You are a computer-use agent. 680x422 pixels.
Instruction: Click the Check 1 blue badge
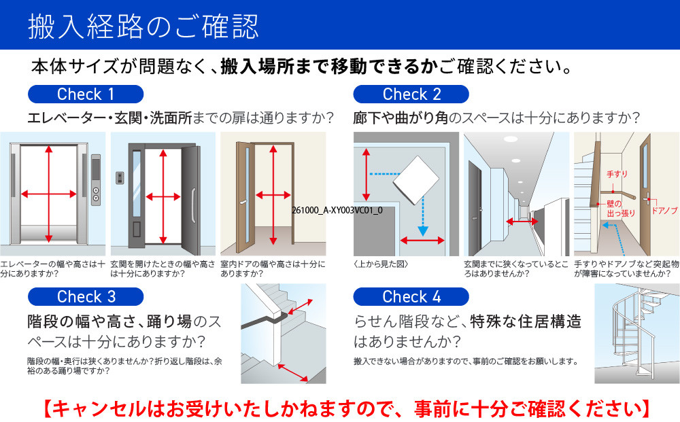85,94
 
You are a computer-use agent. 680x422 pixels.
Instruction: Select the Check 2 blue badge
411,94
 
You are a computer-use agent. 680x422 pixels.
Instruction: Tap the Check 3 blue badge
85,297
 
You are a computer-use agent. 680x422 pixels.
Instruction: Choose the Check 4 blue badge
411,297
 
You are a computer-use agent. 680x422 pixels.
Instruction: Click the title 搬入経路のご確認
143,26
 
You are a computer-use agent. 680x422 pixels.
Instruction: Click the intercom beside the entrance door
120,178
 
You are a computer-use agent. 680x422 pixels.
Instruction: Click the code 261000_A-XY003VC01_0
337,211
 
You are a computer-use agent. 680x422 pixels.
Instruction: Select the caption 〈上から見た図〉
381,263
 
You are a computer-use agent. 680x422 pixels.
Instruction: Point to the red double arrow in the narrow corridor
521,222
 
